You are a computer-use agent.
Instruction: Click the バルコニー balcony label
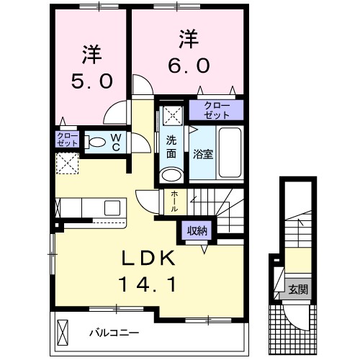(114, 333)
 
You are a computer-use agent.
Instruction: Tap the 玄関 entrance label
(299, 289)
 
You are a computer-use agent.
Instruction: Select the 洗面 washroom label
(171, 147)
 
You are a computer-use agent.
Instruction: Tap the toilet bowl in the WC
(96, 143)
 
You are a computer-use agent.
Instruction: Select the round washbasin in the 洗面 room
(171, 175)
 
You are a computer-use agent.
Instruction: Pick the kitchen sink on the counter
(113, 207)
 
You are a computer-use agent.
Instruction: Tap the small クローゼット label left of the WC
(66, 140)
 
